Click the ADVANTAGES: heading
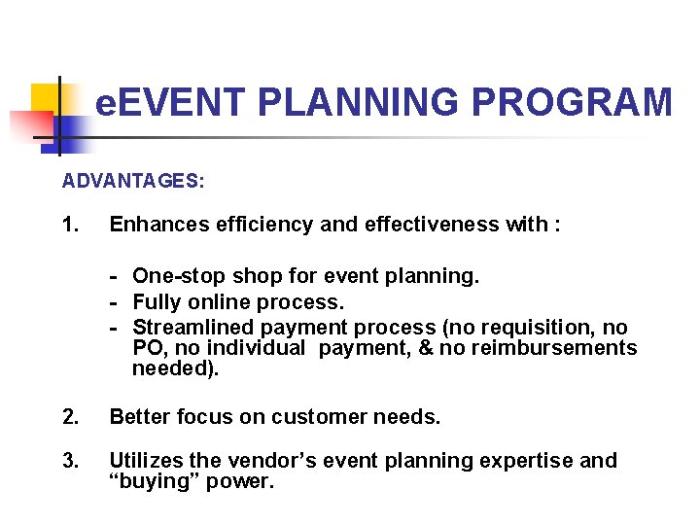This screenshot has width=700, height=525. click(x=133, y=181)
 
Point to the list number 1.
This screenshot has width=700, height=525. click(x=70, y=226)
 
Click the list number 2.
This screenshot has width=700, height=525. click(x=70, y=417)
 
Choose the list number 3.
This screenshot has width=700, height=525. click(x=70, y=461)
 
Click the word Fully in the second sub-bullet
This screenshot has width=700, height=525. click(x=157, y=301)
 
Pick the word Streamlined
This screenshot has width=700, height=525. click(x=188, y=327)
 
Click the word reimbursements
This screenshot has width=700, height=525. click(x=553, y=348)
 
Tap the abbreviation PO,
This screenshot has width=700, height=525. click(x=148, y=348)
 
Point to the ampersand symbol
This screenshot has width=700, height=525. click(x=420, y=348)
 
